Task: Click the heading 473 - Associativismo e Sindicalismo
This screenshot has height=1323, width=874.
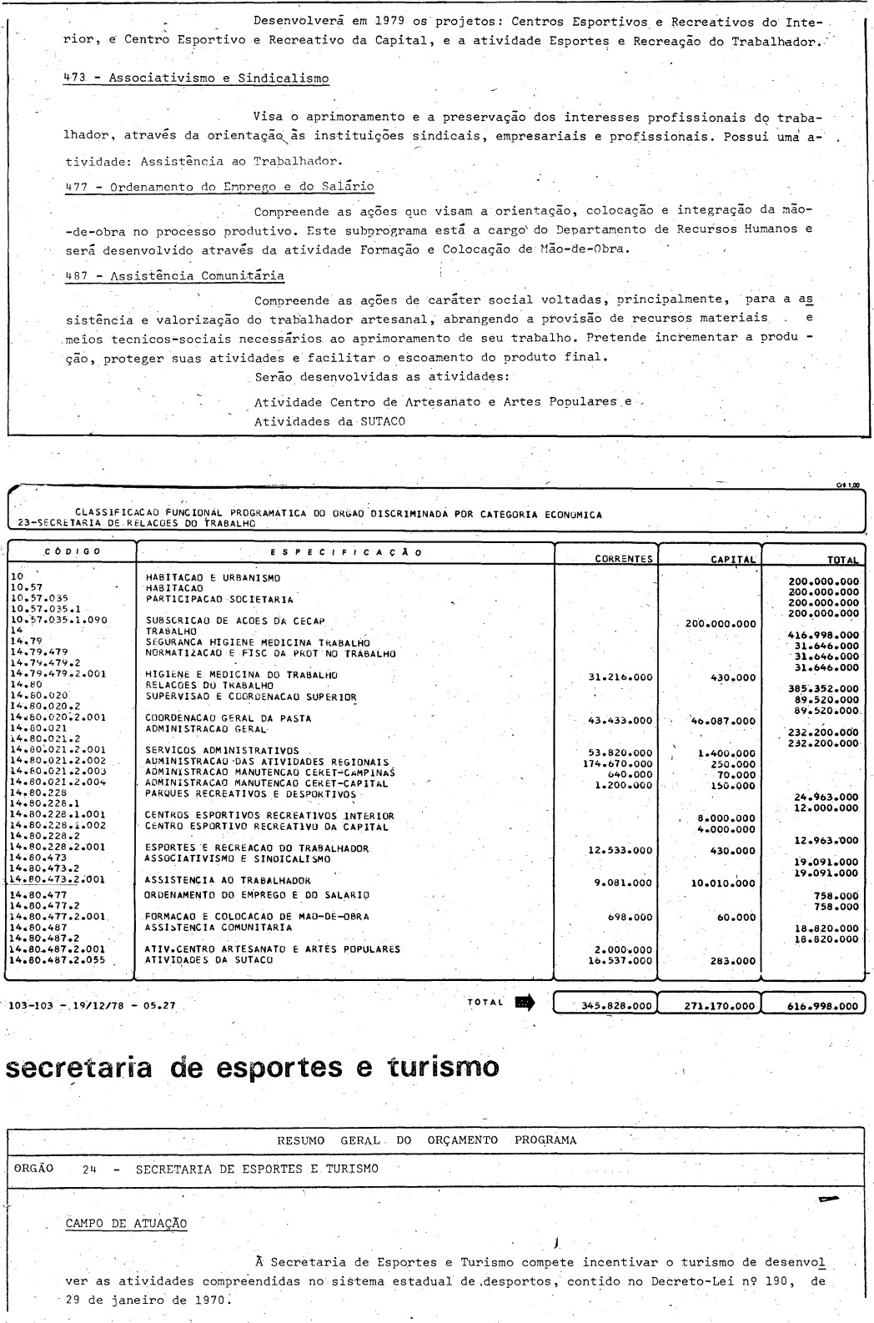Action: [x=197, y=78]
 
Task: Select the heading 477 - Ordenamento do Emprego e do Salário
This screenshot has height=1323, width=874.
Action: [x=219, y=186]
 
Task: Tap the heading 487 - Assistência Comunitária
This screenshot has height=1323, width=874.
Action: [x=174, y=275]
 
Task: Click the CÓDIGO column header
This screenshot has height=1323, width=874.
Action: [x=73, y=551]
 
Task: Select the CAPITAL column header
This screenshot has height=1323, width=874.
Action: [x=732, y=560]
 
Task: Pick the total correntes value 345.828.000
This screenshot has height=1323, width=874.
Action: [x=616, y=1006]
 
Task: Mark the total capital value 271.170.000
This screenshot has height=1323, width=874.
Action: [x=721, y=1006]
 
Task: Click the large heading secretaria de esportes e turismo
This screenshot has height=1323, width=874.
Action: [x=253, y=1067]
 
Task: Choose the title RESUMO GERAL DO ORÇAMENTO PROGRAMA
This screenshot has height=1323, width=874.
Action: [x=426, y=1140]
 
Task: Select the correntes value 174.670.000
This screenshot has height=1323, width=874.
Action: [x=617, y=762]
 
